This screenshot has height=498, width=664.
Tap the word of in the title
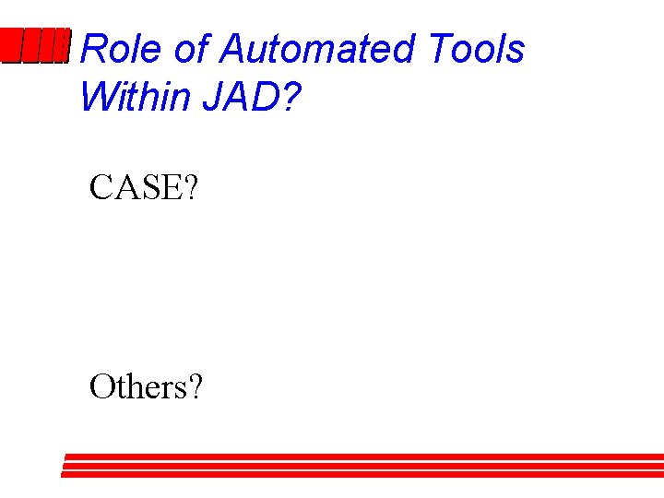pos(192,49)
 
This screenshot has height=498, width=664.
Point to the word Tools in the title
pos(477,49)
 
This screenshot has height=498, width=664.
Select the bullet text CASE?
pos(143,188)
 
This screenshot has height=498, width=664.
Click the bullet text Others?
pos(146,387)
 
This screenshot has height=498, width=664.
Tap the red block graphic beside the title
pos(35,46)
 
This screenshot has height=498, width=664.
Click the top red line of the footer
pos(364,456)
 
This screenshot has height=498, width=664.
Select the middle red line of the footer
pos(362,466)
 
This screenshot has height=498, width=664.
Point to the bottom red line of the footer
pos(362,475)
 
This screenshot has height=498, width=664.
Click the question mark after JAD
pos(290,96)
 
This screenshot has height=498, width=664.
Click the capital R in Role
pos(93,49)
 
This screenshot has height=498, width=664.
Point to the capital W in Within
pos(97,96)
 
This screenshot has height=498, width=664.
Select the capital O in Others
pos(101,387)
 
